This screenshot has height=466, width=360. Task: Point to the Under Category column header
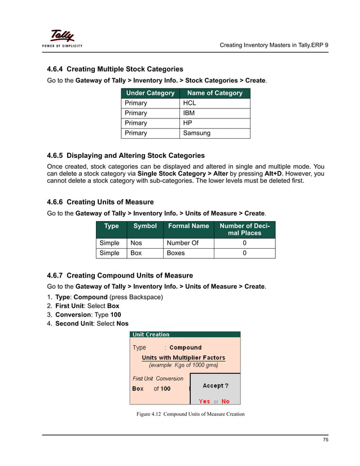point(150,93)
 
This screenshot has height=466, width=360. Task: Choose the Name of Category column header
point(214,93)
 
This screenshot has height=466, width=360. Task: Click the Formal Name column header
point(188,226)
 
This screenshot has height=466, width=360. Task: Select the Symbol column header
point(144,226)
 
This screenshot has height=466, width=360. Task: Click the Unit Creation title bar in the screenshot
point(151,335)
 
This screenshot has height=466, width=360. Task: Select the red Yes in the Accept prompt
point(204,401)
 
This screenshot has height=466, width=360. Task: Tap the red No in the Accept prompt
point(225,401)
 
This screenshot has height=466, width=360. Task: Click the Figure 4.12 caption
point(190,415)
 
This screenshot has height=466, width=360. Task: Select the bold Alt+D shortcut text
point(274,174)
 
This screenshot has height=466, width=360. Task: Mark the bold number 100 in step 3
point(115,315)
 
